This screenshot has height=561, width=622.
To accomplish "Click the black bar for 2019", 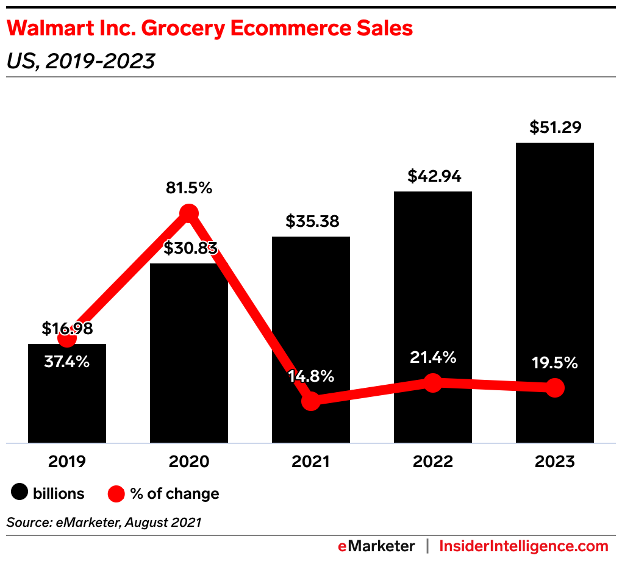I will (67, 402).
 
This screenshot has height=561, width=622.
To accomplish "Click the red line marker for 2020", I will (189, 213).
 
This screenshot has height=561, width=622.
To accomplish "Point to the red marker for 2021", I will (311, 401).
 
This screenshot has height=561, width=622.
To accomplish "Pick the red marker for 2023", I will (554, 387).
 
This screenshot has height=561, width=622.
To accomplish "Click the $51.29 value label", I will (555, 127).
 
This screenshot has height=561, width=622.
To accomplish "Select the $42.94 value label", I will (434, 176).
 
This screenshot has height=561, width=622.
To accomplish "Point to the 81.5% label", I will (189, 188).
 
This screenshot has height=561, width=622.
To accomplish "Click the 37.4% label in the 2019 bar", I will (67, 362).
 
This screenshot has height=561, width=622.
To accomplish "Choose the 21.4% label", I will (433, 357).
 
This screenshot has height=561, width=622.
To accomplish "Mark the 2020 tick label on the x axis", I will (189, 462).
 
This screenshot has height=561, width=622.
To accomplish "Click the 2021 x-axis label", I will (311, 462).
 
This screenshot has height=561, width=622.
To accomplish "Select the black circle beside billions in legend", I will (20, 493).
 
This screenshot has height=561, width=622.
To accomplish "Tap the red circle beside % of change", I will (117, 493).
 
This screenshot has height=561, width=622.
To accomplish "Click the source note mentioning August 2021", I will (104, 522).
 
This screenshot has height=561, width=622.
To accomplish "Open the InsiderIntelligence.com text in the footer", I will (524, 546).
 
